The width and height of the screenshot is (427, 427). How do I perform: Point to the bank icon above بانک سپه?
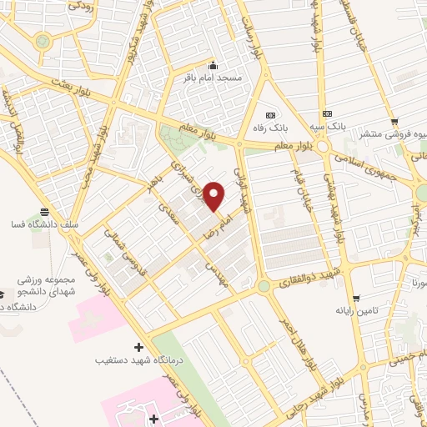point(326,113)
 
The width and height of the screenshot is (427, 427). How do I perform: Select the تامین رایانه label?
point(358,310)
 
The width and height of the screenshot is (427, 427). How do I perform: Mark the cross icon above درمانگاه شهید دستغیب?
point(138,346)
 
